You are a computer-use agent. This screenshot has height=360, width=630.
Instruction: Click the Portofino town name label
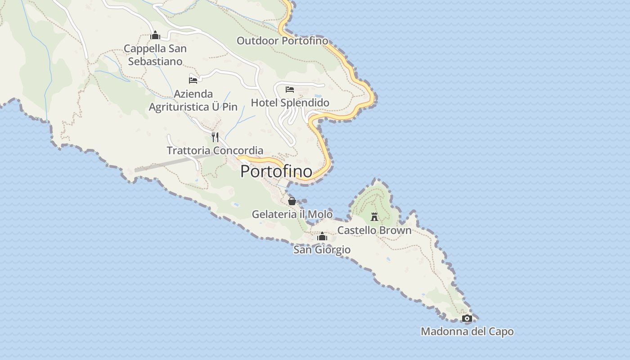[276, 171]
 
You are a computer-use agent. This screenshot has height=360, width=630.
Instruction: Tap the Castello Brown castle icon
[374, 217]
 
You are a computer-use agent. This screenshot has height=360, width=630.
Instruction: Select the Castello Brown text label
[374, 230]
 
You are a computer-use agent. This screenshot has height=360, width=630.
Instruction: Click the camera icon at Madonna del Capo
[467, 319]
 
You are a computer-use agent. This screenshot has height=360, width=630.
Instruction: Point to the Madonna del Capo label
[467, 332]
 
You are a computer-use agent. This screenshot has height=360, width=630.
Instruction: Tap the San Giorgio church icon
[322, 236]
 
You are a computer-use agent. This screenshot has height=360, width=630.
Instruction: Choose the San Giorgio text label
[322, 250]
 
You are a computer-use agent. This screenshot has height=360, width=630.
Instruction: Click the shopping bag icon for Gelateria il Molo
[292, 201]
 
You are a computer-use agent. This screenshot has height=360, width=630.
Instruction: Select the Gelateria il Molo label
[292, 214]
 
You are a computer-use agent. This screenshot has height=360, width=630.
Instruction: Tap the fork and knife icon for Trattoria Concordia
[215, 137]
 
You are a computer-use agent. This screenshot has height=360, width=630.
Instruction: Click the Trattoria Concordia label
[215, 150]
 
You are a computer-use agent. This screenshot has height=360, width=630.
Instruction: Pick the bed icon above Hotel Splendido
[290, 89]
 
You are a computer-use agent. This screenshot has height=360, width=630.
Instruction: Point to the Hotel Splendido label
[290, 103]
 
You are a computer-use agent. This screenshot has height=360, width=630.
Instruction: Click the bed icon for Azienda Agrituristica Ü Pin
[193, 81]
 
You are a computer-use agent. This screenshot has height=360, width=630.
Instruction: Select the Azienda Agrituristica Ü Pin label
[193, 100]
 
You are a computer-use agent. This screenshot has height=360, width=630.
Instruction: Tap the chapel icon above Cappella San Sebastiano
[155, 35]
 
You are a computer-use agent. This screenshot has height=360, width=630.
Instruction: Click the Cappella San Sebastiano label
[155, 55]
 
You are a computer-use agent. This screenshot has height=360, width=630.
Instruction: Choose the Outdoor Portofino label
[282, 41]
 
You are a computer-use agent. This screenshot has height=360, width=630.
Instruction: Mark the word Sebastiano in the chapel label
[155, 62]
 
